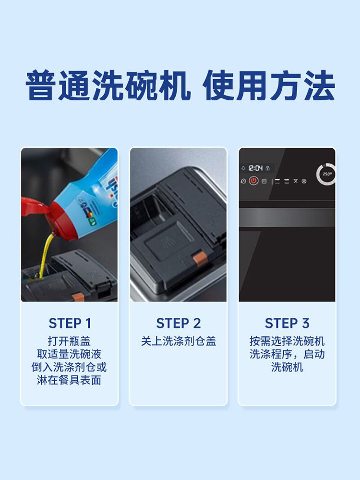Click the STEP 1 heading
coord(70,323)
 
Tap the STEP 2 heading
coord(179,323)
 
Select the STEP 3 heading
coord(287,323)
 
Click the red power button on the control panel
coord(254,181)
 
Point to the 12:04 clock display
coord(255,168)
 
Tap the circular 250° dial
coord(326,174)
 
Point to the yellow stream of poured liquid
coord(45,254)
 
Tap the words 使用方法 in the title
coord(269,86)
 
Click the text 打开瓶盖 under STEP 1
coord(70,341)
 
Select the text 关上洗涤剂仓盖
coord(179,341)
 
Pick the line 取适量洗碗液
coord(70,354)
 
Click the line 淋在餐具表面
coord(70,380)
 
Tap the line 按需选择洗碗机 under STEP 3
coord(287,341)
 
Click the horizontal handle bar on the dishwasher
coord(287,217)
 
